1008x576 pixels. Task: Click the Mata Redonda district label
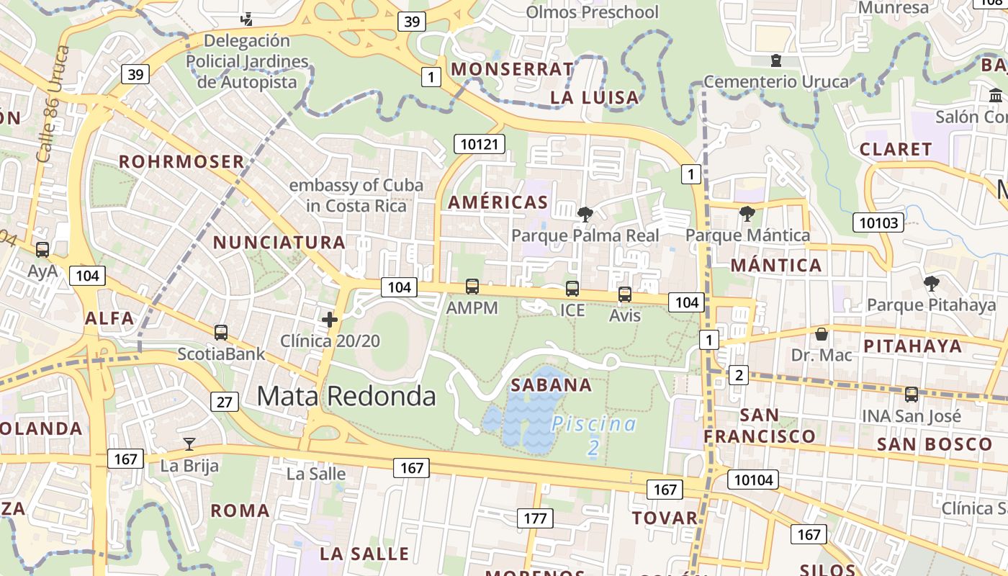pos(346,396)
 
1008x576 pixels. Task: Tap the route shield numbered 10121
pos(479,144)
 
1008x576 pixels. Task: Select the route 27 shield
pos(225,402)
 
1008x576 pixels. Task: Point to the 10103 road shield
pos(878,222)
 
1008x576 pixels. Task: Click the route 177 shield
pos(535,518)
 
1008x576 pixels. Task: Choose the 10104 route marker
pos(754,480)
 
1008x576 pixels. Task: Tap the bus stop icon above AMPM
pos(472,287)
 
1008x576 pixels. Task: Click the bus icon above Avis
pos(625,294)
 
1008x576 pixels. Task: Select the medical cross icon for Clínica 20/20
pos(330,319)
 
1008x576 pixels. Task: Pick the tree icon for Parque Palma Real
pos(585,214)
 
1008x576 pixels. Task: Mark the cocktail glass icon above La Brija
pos(189,444)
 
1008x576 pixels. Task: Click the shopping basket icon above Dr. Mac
pos(822,334)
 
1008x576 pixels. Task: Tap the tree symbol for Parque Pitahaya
pos(932,283)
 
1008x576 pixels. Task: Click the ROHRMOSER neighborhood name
pos(182,161)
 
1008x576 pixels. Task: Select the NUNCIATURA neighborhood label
pos(279,242)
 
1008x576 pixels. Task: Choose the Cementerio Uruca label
pos(776,81)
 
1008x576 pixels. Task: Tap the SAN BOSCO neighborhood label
pos(935,444)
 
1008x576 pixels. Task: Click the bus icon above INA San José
pos(912,395)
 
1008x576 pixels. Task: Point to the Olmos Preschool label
pos(592,12)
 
